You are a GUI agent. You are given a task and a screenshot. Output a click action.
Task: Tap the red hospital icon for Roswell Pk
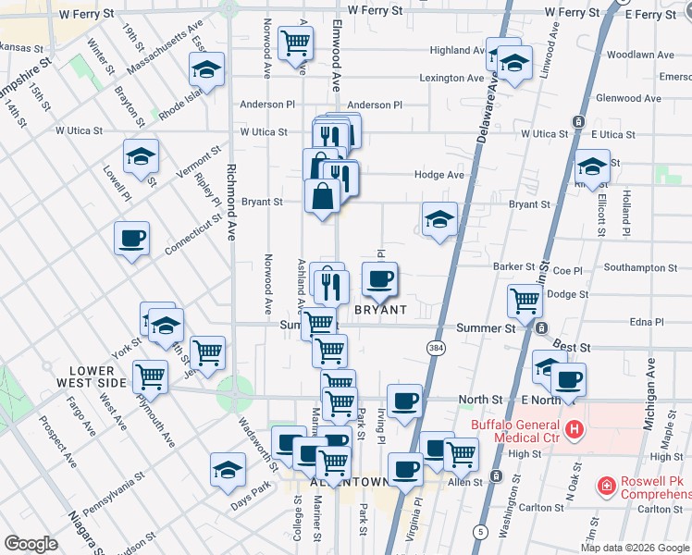[x=606, y=485]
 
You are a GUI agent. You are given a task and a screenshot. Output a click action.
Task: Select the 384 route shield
[x=436, y=347]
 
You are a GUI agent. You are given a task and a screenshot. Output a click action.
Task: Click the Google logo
[x=31, y=544]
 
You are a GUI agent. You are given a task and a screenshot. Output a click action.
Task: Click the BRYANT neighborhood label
[x=381, y=310]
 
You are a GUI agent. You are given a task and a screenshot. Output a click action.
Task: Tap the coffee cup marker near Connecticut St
[x=131, y=239]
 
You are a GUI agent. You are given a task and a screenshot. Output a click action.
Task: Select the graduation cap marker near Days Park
[x=228, y=469]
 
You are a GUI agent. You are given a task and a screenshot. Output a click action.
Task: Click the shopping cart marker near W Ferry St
[x=295, y=42]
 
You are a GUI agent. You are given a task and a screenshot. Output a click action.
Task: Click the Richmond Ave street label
[x=229, y=202]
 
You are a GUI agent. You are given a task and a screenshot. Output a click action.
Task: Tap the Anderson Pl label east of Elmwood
[x=375, y=105]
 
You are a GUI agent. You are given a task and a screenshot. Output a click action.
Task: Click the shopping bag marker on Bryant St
[x=321, y=197]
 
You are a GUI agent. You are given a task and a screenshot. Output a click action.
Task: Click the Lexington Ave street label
[x=451, y=79]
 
